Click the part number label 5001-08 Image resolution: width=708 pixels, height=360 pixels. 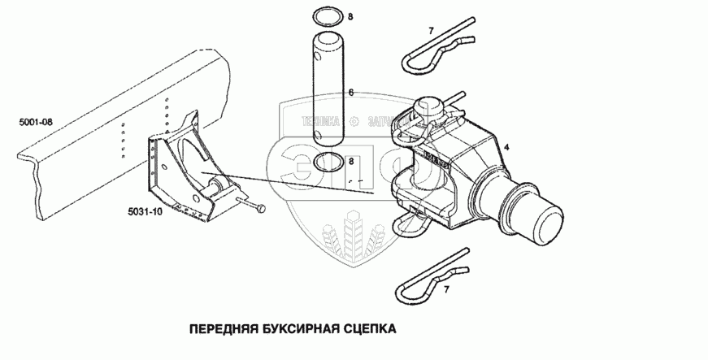(x=35, y=123)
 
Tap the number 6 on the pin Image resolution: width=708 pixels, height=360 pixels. (x=350, y=93)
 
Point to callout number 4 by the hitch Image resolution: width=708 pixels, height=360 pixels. (x=506, y=147)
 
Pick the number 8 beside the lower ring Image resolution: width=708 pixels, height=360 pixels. (x=351, y=162)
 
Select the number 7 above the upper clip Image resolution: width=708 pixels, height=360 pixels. (x=432, y=31)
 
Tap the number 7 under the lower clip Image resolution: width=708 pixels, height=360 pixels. (x=445, y=288)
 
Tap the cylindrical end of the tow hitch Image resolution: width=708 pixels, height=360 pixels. (x=537, y=217)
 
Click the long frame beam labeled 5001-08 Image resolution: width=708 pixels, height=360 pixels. (x=81, y=154)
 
